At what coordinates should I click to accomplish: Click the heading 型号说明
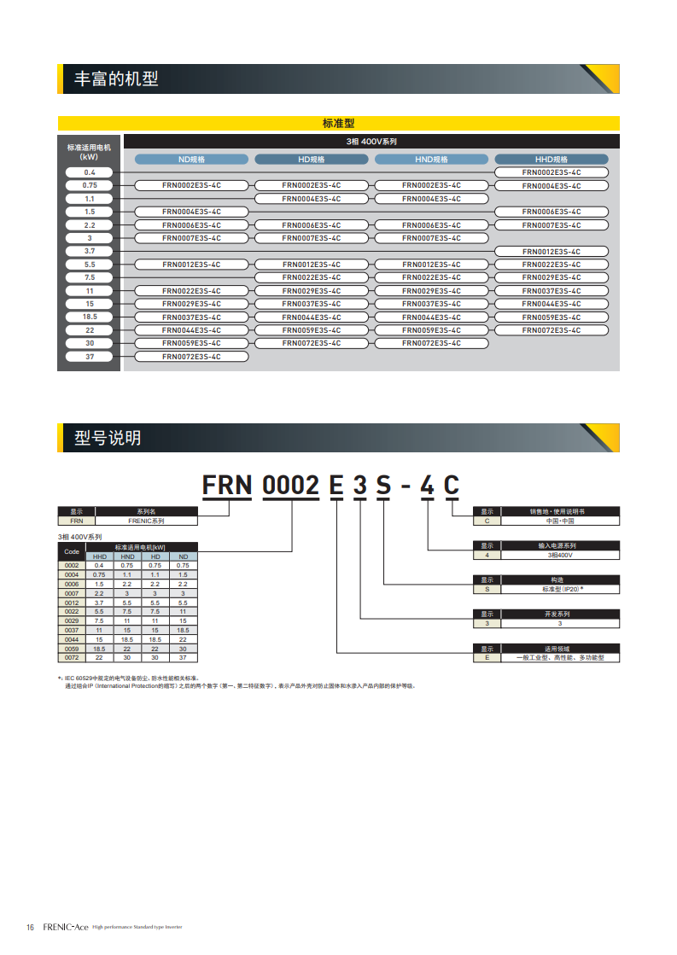pyautogui.click(x=108, y=439)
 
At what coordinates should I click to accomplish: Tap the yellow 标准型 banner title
pyautogui.click(x=338, y=124)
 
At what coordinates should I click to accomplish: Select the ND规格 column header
pyautogui.click(x=191, y=160)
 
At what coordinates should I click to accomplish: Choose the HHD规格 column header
pyautogui.click(x=551, y=160)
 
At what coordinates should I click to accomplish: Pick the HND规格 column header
pyautogui.click(x=431, y=160)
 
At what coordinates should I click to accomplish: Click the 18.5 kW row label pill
pyautogui.click(x=90, y=317)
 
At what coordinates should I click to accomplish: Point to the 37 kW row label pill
pyautogui.click(x=90, y=357)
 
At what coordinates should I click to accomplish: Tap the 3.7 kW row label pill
pyautogui.click(x=90, y=252)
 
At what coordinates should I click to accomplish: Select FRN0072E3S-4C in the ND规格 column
pyautogui.click(x=191, y=357)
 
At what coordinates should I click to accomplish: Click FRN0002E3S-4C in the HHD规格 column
pyautogui.click(x=551, y=172)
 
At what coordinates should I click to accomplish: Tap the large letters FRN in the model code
pyautogui.click(x=226, y=486)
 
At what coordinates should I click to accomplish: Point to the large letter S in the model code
pyautogui.click(x=384, y=486)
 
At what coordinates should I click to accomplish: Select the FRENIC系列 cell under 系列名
pyautogui.click(x=146, y=520)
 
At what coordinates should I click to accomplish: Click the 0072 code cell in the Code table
pyautogui.click(x=72, y=657)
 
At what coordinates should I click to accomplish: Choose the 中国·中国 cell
pyautogui.click(x=559, y=520)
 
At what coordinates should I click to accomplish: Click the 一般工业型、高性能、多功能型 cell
pyautogui.click(x=559, y=657)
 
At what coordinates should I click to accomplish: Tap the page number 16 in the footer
pyautogui.click(x=30, y=927)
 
